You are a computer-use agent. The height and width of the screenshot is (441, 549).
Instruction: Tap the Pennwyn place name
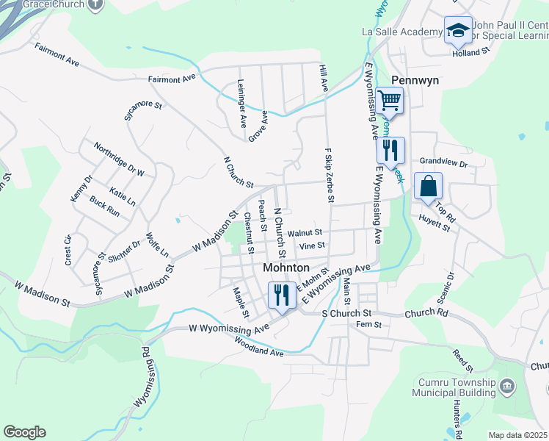coord(415,80)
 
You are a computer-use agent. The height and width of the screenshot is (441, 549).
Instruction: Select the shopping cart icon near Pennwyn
coord(390,99)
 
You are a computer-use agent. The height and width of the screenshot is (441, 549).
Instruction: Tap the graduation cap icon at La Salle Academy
coord(458,30)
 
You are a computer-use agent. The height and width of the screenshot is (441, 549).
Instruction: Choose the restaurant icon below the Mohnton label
coord(282,295)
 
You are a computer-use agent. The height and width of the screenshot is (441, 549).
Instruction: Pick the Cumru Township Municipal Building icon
coord(506,386)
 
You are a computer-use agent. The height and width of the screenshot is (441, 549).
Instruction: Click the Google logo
coord(24,432)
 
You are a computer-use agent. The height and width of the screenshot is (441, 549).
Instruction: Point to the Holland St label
coord(470,53)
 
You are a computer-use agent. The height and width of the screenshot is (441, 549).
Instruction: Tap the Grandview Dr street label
coord(443,163)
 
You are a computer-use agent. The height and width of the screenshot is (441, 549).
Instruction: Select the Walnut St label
coord(305,232)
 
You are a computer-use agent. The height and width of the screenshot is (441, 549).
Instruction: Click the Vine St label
coord(312,245)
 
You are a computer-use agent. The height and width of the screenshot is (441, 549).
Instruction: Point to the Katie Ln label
coord(122,196)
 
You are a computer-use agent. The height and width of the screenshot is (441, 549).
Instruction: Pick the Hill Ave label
coord(323,78)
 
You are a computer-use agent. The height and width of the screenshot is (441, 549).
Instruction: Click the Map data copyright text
coord(517,435)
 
